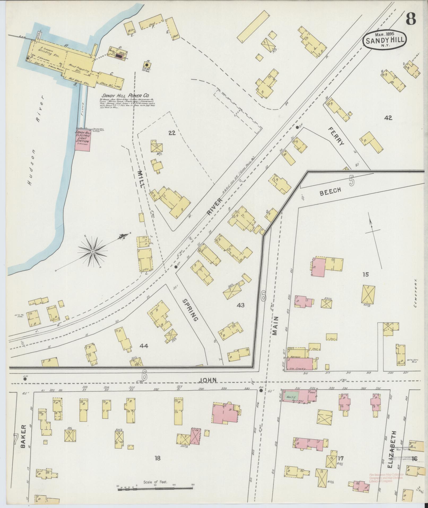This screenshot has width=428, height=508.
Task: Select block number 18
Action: [158, 458]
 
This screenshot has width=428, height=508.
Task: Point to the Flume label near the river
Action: [82, 113]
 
